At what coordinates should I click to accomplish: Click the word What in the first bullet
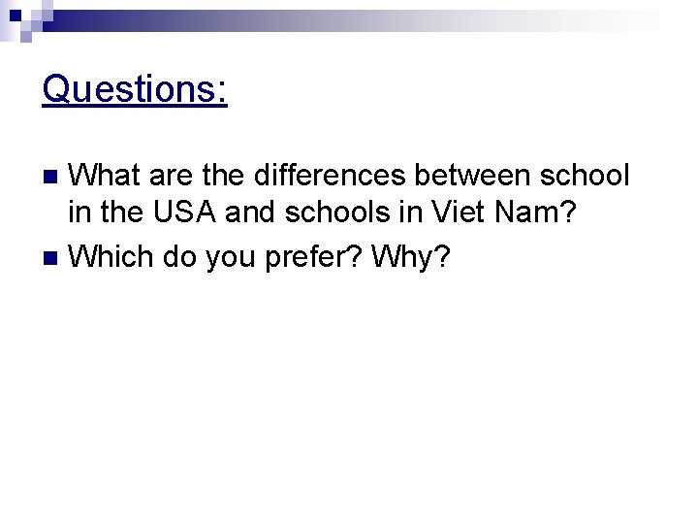(107, 176)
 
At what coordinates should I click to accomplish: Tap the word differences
(329, 176)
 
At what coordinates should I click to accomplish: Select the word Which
(112, 257)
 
